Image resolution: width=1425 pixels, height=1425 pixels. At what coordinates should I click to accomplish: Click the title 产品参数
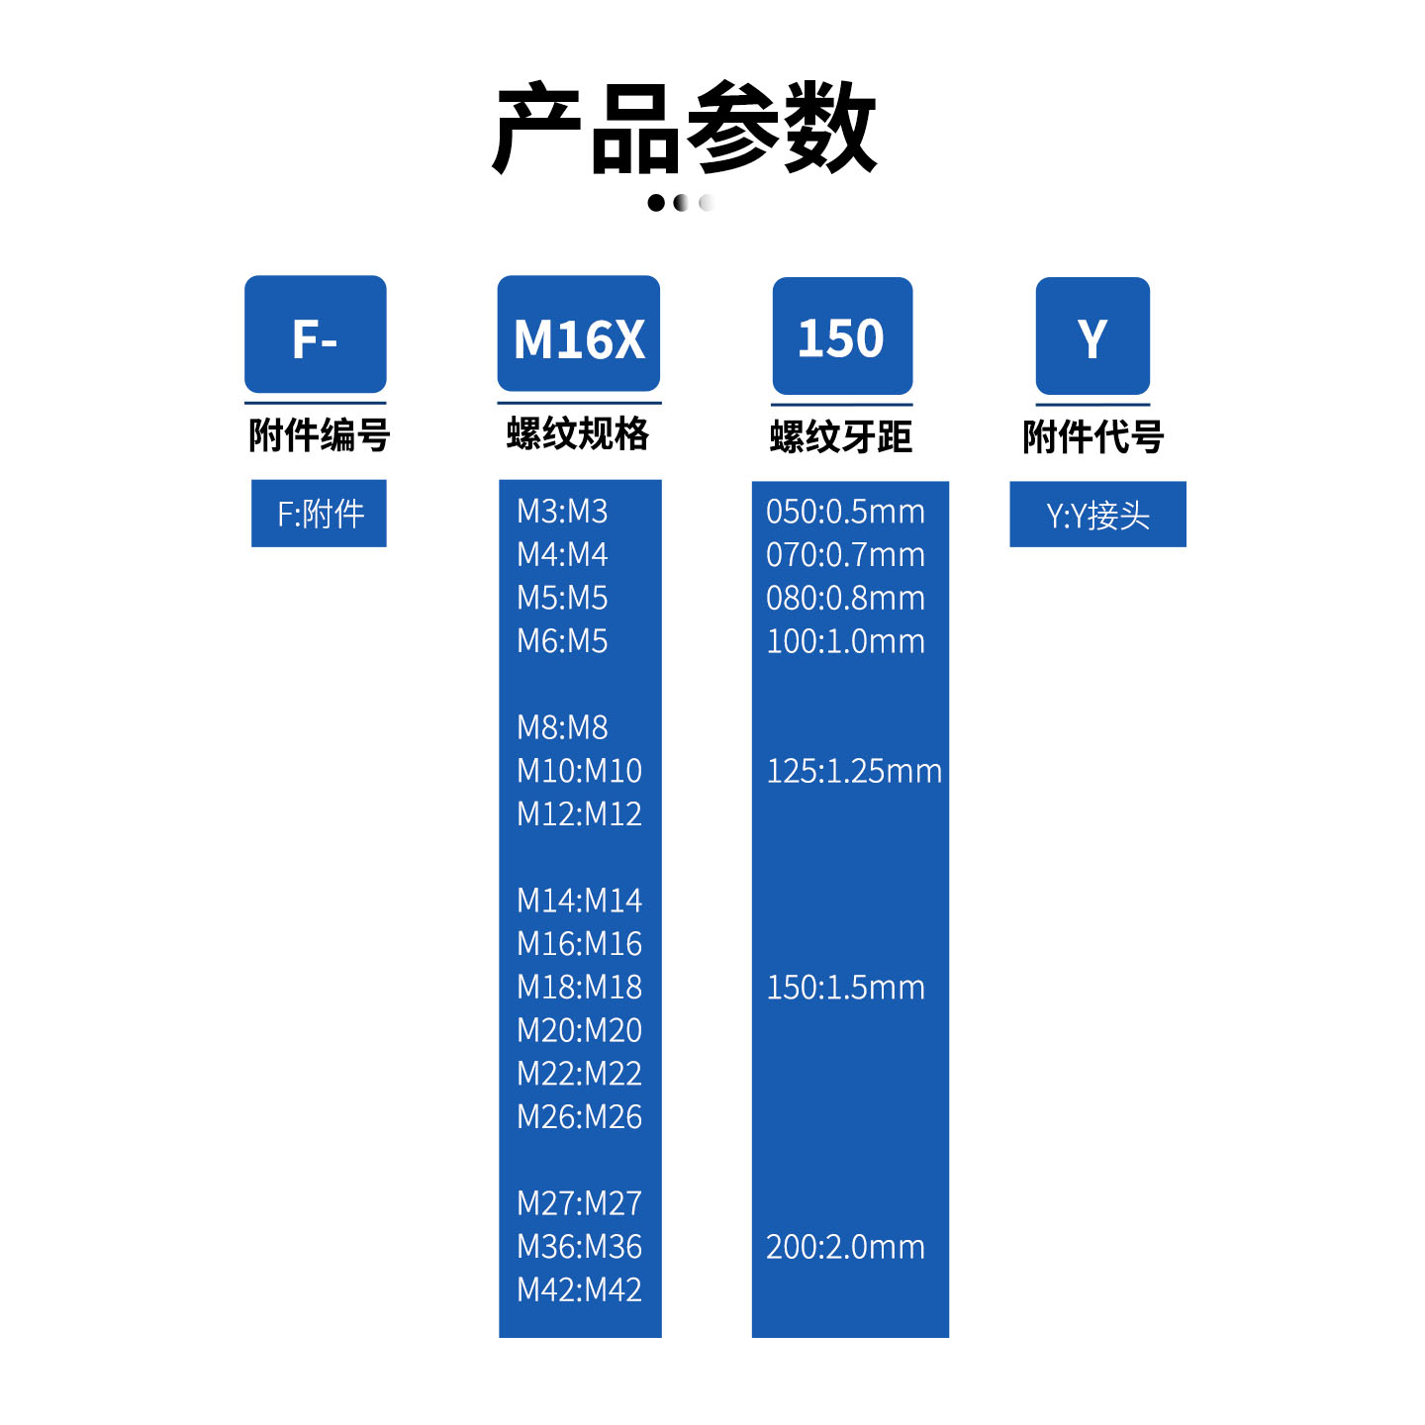pyautogui.click(x=685, y=128)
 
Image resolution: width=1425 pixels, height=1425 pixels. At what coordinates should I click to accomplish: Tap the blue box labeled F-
pyautogui.click(x=316, y=334)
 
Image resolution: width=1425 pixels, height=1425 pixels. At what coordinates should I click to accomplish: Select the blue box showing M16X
pyautogui.click(x=579, y=333)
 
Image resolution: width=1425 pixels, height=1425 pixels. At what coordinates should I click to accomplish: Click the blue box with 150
pyautogui.click(x=843, y=335)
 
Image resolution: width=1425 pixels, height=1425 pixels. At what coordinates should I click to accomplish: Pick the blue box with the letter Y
pyautogui.click(x=1092, y=335)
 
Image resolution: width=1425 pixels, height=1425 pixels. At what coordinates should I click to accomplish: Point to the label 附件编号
pyautogui.click(x=319, y=434)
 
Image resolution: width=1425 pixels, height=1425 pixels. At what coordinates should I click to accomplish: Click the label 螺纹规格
pyautogui.click(x=578, y=433)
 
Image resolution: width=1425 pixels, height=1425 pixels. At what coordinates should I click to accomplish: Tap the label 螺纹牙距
pyautogui.click(x=841, y=436)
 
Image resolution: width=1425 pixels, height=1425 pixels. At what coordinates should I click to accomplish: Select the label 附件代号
pyautogui.click(x=1093, y=436)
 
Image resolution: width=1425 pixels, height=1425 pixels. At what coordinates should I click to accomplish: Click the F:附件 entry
pyautogui.click(x=321, y=514)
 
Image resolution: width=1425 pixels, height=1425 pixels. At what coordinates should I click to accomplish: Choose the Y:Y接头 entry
pyautogui.click(x=1098, y=517)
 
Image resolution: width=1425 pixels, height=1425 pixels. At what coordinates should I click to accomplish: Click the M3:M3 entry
pyautogui.click(x=562, y=512)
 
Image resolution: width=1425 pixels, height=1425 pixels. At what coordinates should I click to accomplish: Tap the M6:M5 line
pyautogui.click(x=562, y=641)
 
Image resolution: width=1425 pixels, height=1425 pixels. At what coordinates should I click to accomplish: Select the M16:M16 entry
pyautogui.click(x=580, y=944)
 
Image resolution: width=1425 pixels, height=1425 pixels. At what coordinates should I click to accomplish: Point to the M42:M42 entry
pyautogui.click(x=580, y=1289)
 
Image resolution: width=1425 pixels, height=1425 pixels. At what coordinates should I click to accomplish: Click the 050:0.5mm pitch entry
pyautogui.click(x=845, y=512)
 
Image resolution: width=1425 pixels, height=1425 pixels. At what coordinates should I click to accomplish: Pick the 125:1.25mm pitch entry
pyautogui.click(x=854, y=771)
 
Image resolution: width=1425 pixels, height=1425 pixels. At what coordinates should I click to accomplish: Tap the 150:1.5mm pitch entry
pyautogui.click(x=845, y=988)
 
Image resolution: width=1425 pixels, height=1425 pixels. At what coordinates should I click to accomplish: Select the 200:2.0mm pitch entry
pyautogui.click(x=845, y=1247)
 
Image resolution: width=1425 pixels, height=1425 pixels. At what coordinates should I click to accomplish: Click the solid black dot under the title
pyautogui.click(x=656, y=203)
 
